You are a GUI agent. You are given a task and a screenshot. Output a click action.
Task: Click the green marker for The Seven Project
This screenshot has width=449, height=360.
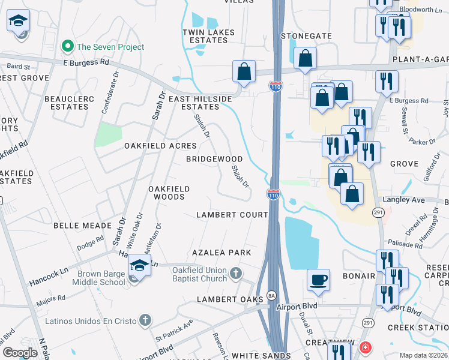68,47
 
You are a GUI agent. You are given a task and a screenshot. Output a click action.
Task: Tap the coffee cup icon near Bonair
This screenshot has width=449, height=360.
318,279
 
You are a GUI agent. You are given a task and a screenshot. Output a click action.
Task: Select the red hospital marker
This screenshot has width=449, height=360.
365,347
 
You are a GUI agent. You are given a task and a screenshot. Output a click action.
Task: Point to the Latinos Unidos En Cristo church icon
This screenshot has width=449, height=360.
144,320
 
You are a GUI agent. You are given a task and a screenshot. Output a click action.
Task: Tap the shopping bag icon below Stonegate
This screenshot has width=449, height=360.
306,59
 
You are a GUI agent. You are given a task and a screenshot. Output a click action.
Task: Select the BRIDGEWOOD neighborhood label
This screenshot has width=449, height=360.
214,160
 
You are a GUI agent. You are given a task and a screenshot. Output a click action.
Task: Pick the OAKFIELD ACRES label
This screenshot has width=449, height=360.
160,146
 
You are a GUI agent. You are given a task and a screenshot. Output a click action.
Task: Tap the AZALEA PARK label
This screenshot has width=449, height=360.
221,253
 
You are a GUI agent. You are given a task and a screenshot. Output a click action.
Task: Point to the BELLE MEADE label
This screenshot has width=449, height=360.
82,226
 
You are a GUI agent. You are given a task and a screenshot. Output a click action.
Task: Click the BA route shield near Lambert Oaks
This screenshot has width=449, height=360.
271,296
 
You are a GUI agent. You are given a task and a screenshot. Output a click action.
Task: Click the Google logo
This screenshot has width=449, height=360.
20,353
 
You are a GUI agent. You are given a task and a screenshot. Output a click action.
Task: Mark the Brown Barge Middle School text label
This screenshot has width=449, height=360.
101,278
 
